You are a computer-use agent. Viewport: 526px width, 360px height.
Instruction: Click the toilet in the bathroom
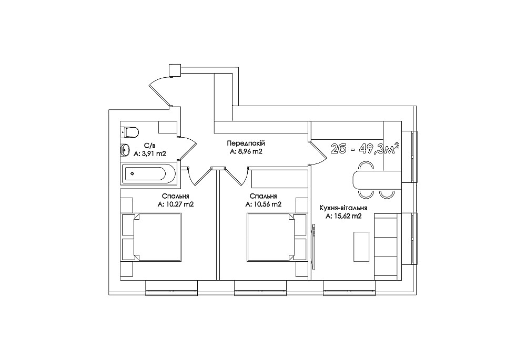tap(129, 132)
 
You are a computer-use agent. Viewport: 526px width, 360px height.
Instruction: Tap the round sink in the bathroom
tap(125, 150)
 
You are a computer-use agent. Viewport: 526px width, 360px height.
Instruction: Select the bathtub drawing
tap(148, 173)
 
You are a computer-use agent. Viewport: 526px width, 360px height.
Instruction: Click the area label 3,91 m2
tap(150, 154)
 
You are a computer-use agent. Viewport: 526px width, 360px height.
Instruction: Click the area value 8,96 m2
tap(246, 151)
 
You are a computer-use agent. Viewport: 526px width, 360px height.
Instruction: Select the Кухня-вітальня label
tap(343, 208)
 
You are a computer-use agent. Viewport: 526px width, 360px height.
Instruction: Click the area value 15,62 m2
tap(343, 216)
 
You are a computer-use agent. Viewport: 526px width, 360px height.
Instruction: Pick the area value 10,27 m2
tap(176, 204)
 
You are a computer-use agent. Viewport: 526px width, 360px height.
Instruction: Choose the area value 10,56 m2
tap(264, 204)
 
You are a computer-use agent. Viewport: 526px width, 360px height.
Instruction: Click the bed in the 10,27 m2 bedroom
tap(157, 236)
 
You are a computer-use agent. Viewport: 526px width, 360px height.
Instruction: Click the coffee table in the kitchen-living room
tap(361, 246)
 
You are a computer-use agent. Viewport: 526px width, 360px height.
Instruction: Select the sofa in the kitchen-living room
tap(388, 246)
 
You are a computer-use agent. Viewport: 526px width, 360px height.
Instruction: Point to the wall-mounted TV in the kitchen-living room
tap(313, 246)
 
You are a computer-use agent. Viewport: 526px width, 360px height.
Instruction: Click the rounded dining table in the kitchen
tap(377, 180)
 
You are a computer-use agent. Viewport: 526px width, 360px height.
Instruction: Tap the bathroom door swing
tap(188, 148)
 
